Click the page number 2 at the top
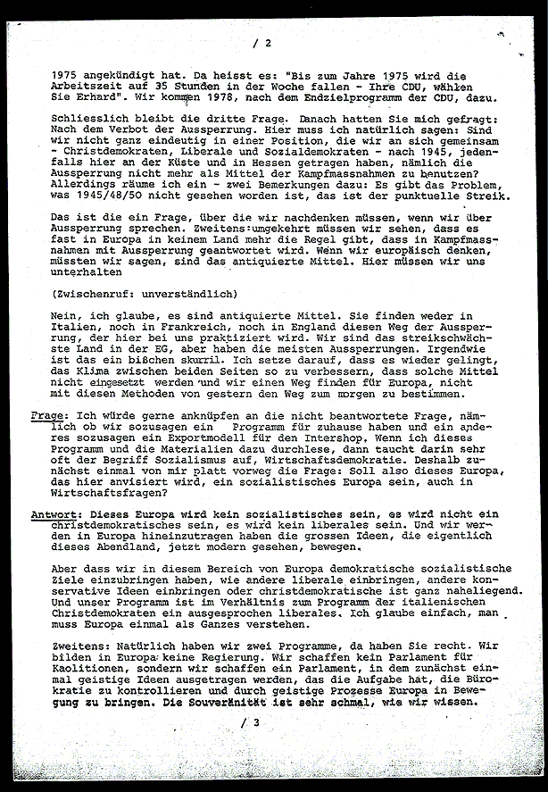(266, 43)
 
